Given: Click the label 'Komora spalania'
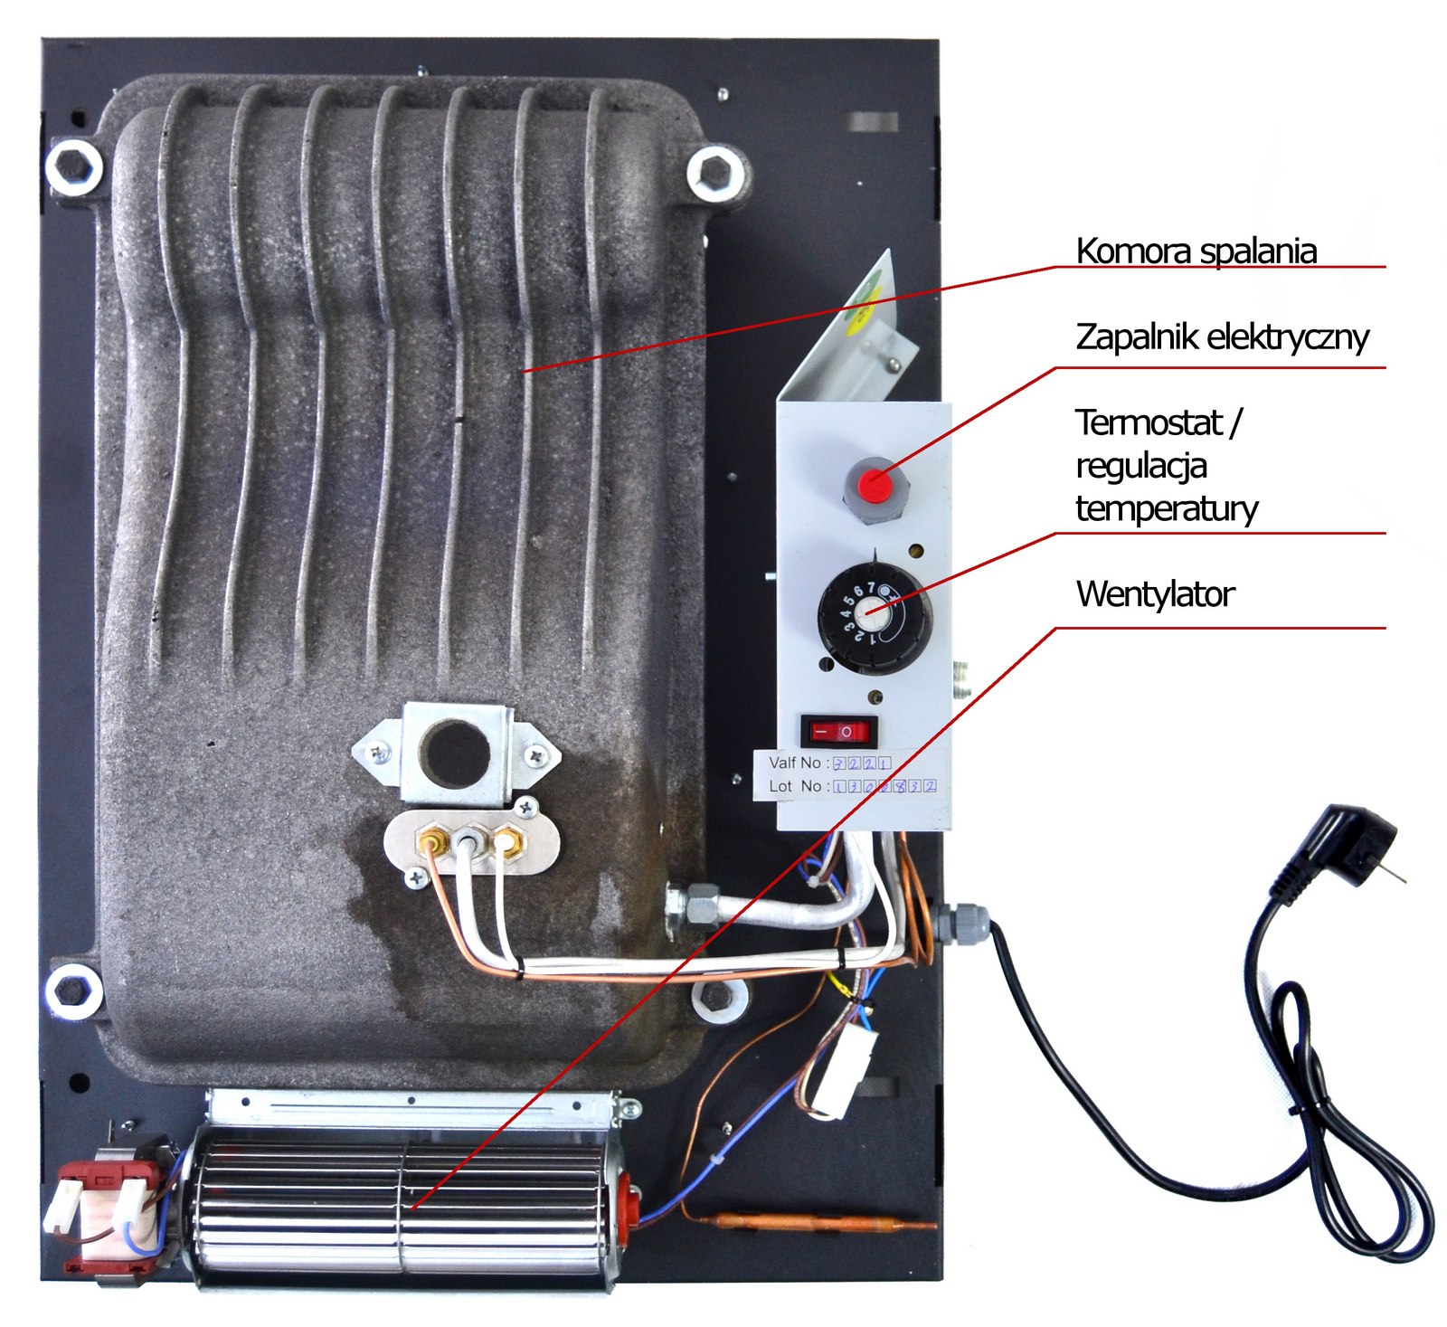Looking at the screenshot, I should [1196, 251].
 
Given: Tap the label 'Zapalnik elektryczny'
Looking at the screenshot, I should [1222, 336].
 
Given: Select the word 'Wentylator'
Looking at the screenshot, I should [1155, 594].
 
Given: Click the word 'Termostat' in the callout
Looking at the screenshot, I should [1149, 422].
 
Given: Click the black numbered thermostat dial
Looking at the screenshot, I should [874, 616].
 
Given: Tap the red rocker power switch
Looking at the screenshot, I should [838, 730].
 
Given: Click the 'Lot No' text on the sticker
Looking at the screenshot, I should [795, 786].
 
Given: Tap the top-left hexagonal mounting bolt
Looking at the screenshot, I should [75, 167].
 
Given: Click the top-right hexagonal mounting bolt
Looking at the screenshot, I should [716, 172].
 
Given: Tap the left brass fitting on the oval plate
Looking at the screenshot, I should [430, 843].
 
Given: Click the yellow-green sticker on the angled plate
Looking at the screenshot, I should [863, 302].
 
